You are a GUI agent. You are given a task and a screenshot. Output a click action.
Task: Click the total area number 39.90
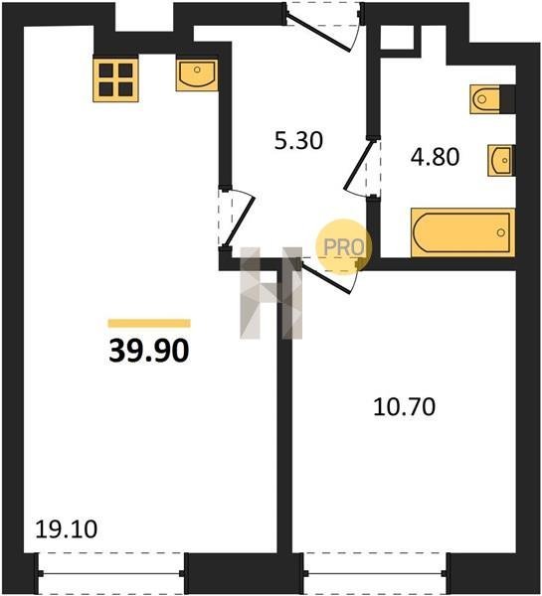(x=149, y=351)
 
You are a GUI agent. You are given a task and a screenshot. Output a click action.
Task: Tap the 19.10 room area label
(x=67, y=528)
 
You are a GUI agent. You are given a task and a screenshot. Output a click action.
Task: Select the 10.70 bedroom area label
(x=404, y=406)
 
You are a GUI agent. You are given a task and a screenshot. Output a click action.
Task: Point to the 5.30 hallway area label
(x=298, y=140)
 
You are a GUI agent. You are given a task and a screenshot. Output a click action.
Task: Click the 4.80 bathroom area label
(x=435, y=157)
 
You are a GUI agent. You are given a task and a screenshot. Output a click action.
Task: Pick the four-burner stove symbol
(x=115, y=79)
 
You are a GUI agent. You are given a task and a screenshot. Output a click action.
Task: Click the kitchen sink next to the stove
(x=197, y=74)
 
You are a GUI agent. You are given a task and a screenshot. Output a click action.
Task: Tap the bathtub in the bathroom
(x=462, y=232)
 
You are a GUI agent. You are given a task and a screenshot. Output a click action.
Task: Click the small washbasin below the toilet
(x=501, y=160)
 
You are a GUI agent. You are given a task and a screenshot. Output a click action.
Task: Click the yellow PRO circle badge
(x=343, y=246)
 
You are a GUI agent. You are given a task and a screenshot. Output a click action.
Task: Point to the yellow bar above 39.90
(x=149, y=324)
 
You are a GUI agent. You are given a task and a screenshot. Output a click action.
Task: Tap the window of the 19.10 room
(x=111, y=573)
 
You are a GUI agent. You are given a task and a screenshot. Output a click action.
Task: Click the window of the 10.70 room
(x=375, y=573)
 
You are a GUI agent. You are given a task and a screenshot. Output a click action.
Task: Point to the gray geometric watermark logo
(x=271, y=293)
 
